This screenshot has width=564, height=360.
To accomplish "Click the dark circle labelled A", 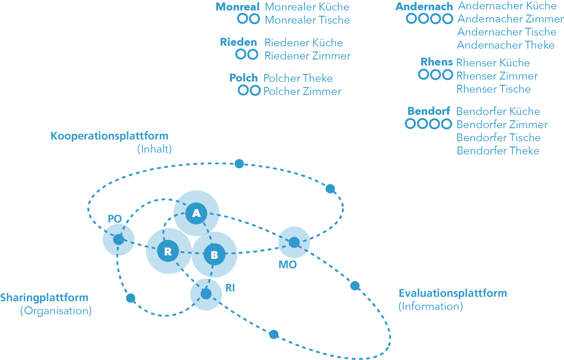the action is (196, 213).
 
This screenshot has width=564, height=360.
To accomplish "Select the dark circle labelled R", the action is (168, 251).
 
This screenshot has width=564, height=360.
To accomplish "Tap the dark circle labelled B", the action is (214, 255).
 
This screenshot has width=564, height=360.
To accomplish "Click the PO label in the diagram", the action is (115, 219).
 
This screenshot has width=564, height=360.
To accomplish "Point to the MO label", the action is (288, 264).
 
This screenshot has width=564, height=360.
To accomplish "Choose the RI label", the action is (230, 288).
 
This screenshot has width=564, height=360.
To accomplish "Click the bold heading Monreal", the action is (237, 7).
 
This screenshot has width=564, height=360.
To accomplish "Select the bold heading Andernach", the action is (424, 6).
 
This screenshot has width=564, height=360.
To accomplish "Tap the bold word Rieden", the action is (238, 42).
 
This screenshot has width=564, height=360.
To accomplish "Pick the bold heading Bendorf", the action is (429, 111).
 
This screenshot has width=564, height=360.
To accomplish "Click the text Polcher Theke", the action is (298, 78).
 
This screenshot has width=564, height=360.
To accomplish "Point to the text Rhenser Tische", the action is (494, 89).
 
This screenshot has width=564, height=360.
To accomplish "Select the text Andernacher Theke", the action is (506, 45).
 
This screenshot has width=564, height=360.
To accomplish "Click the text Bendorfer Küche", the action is (498, 111).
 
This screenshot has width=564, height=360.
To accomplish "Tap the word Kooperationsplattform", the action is (109, 136).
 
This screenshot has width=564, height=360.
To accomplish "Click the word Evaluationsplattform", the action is (453, 293).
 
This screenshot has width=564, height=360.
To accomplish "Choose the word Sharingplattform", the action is (44, 298).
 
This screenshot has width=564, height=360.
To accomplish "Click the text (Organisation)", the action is (56, 311).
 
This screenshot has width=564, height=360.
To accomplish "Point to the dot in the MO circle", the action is (294, 242).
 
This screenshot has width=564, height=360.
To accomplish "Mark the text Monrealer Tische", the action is (307, 20).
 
